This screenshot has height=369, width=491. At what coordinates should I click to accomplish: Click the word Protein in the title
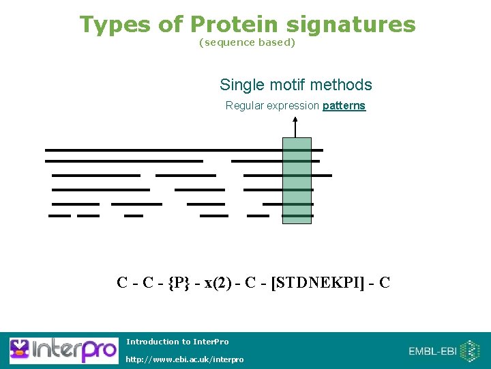(234, 25)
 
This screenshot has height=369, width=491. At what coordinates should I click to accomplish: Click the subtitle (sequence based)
(247, 42)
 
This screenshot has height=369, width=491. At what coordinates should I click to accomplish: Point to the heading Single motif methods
(295, 85)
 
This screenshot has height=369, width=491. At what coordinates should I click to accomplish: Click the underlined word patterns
(344, 106)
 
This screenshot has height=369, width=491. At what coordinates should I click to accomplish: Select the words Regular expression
(272, 106)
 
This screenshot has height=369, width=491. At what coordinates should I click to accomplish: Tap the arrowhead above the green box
(295, 121)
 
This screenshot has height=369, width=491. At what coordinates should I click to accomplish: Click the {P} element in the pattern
(178, 282)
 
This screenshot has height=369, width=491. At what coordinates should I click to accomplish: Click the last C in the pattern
(384, 282)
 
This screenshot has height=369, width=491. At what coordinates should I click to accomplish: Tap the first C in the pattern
(123, 282)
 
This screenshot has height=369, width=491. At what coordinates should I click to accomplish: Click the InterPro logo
(63, 350)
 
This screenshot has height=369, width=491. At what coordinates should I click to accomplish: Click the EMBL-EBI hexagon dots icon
(470, 351)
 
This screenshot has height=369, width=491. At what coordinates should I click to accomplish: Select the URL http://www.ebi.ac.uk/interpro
(184, 359)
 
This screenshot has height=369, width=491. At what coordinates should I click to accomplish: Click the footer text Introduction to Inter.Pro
(177, 342)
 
